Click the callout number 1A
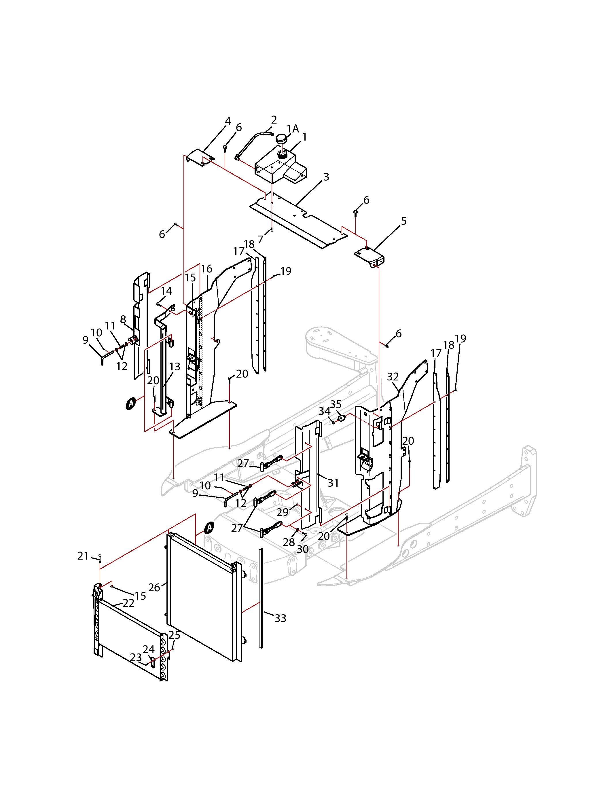(x=293, y=129)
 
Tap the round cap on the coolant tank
(x=281, y=139)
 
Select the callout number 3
(x=326, y=177)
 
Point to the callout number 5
(x=404, y=221)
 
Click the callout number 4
(x=228, y=121)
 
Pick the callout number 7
(x=260, y=240)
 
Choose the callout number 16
(x=207, y=269)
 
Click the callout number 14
(x=166, y=291)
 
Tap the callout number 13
(x=175, y=367)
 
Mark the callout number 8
(x=123, y=319)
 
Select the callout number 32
(x=393, y=377)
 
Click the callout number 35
(x=336, y=404)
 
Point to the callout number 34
(x=324, y=411)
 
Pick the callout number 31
(x=333, y=483)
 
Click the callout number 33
(x=280, y=618)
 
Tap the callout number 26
(x=154, y=588)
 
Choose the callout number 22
(x=128, y=603)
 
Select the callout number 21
(x=83, y=556)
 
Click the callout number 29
(x=283, y=512)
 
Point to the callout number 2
(x=274, y=120)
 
